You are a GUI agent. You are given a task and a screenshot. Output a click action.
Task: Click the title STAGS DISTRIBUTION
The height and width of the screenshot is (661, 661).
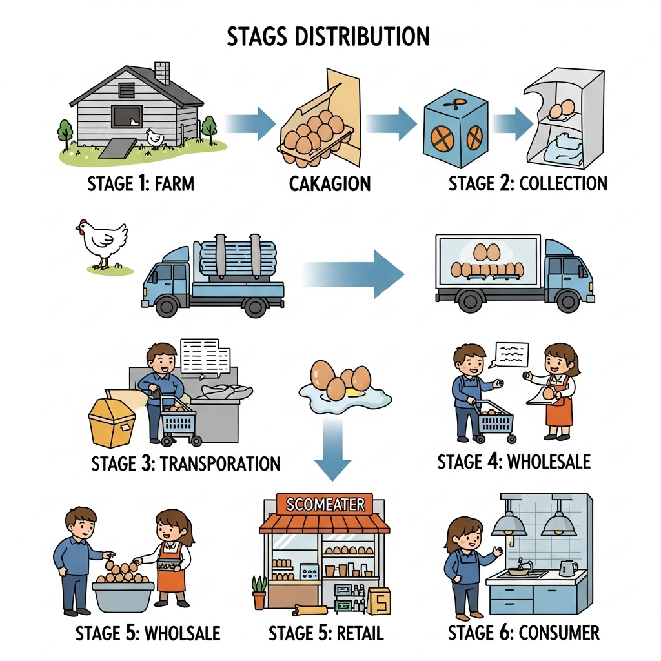328,37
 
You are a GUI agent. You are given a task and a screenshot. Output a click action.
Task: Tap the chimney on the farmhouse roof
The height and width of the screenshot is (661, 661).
162,72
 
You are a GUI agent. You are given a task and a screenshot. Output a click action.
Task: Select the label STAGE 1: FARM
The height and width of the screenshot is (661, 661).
141,184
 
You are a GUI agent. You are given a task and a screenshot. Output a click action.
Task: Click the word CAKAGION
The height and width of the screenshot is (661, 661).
330,184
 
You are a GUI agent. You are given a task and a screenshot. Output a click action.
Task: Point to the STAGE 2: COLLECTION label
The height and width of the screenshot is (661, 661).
528,183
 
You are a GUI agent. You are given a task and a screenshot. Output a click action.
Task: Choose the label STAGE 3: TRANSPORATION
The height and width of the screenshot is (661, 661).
186,463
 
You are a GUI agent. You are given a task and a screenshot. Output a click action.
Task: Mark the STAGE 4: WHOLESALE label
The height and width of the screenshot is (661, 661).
514,462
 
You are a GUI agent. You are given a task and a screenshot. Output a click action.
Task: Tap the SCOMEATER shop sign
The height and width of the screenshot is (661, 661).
325,504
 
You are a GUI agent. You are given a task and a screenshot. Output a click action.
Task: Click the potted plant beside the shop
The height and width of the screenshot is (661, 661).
259,591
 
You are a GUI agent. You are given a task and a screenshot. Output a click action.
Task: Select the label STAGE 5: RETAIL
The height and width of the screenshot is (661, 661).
326,633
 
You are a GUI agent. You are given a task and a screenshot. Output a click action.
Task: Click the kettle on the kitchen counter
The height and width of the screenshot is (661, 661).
567,568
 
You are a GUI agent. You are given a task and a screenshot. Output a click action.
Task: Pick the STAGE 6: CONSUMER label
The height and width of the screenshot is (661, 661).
524,632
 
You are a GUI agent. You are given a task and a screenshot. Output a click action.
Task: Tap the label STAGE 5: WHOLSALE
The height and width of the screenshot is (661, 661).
148,633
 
